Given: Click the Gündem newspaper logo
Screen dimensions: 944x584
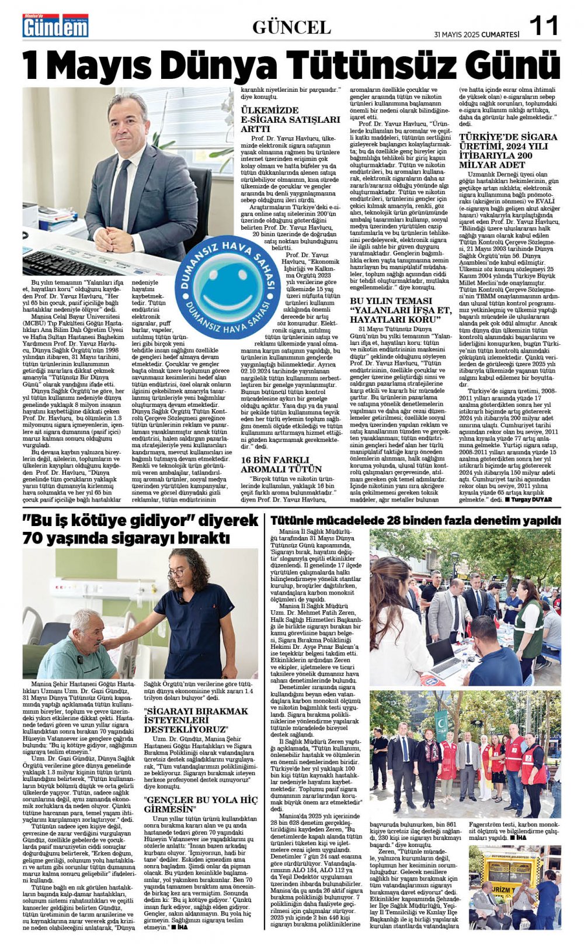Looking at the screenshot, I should [55, 26].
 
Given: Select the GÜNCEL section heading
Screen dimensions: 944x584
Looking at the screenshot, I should [291, 27].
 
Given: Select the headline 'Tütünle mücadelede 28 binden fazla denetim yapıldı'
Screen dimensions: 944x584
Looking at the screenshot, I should [415, 520].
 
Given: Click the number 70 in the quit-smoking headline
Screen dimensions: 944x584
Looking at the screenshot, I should [34, 538].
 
